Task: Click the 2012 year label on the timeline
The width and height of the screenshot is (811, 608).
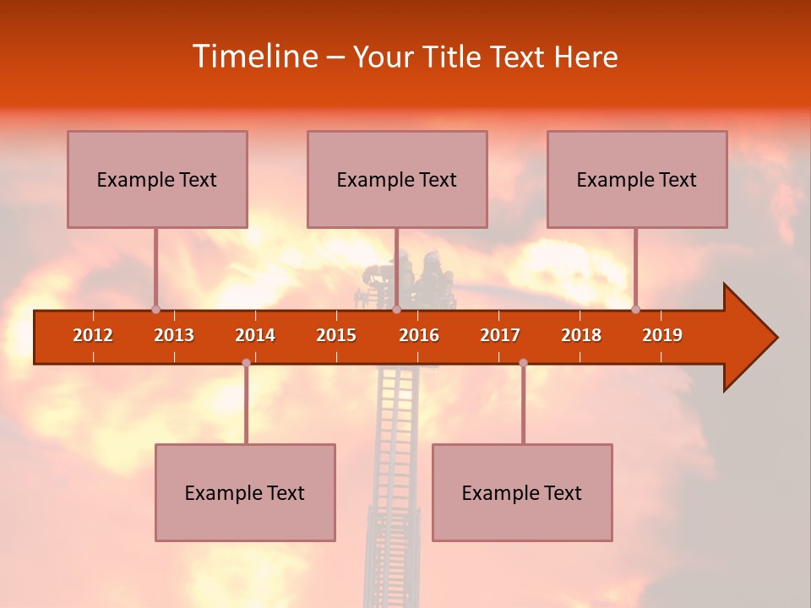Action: coord(93,335)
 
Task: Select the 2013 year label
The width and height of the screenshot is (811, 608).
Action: coord(174,335)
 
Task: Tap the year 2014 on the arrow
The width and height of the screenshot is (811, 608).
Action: coord(255,335)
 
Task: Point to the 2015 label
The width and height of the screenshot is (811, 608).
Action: coord(336,335)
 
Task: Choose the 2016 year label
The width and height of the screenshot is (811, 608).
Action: coord(419,335)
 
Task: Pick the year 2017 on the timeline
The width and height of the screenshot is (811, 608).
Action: coord(500,335)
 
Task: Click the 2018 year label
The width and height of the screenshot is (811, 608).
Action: coord(581,335)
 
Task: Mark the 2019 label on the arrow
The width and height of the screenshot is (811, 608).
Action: coord(662,335)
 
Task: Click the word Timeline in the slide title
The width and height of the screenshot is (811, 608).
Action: coord(253,57)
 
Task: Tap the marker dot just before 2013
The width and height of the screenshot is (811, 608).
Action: coord(155,310)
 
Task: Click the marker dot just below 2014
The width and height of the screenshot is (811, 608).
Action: coord(246,362)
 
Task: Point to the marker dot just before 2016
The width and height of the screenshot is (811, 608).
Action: coord(396,310)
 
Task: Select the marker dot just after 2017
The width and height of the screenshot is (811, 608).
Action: coord(523,362)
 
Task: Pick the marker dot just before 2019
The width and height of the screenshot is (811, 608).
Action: coord(635,310)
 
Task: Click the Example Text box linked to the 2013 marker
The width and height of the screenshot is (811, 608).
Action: coord(157,179)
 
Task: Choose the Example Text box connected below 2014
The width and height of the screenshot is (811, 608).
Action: coord(245,492)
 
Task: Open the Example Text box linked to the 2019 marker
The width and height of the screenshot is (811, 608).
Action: coord(637,179)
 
